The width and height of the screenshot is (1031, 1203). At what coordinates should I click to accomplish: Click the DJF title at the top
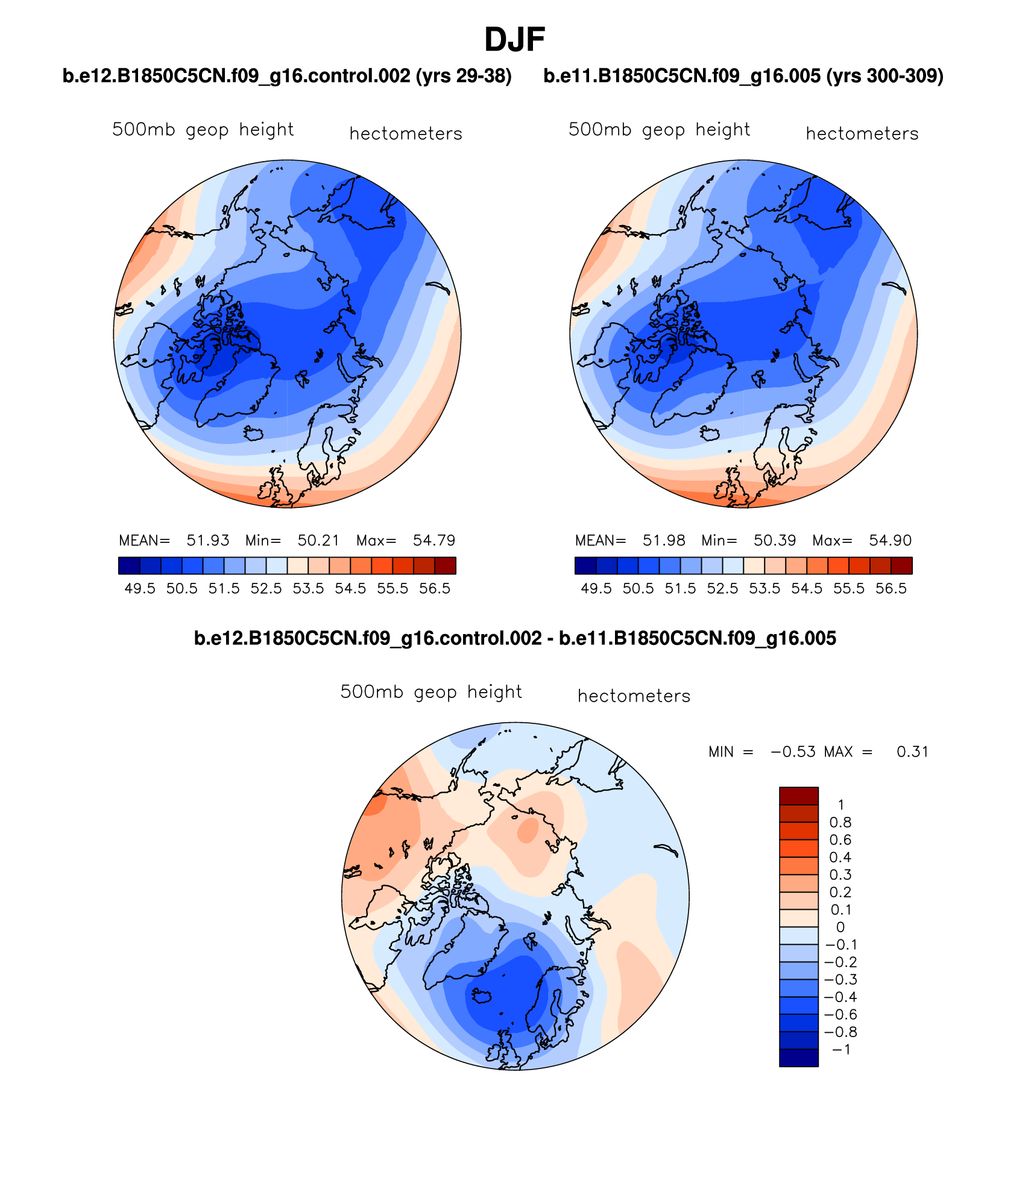(x=514, y=40)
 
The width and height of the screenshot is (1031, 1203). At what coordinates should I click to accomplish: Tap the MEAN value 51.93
(x=208, y=541)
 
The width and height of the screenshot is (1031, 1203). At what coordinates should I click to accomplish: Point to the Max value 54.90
(x=890, y=541)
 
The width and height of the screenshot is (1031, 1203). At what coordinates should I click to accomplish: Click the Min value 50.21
(x=318, y=541)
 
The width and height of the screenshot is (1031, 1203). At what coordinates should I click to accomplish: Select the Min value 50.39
(x=775, y=541)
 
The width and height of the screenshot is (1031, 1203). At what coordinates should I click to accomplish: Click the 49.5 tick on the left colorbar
(x=140, y=589)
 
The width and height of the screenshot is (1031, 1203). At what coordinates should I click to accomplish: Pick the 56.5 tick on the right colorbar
(x=891, y=589)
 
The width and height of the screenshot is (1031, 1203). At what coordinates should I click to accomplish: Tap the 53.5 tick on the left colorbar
(x=308, y=589)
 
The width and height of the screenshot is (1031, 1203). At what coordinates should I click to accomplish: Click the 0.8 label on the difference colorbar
(x=840, y=823)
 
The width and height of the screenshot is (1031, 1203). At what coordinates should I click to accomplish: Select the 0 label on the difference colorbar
(x=840, y=928)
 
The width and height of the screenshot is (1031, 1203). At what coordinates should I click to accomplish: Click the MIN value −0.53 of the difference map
(x=793, y=752)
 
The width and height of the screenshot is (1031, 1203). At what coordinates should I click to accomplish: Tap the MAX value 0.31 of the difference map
(x=912, y=752)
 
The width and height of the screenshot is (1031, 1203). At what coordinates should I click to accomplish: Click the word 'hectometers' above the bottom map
(x=634, y=696)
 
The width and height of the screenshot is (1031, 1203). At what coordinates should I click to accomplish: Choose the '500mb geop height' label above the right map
(x=659, y=130)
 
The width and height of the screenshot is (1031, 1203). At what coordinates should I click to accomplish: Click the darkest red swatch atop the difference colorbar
(x=798, y=796)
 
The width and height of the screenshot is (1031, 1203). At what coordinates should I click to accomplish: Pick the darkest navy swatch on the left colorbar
(x=130, y=565)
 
